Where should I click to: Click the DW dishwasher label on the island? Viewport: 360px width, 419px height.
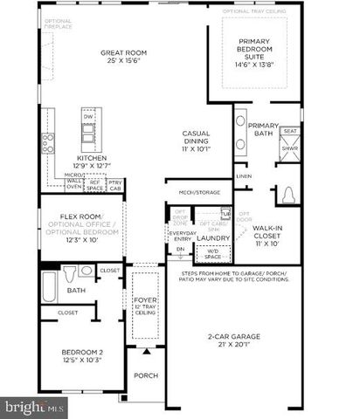pos(87,115)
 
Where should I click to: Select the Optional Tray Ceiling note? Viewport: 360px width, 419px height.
pos(260,11)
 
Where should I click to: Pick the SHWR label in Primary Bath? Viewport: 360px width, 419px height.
pos(288,149)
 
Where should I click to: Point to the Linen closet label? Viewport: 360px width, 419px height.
pos(243,176)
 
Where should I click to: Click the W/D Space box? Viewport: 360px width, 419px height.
pos(213,254)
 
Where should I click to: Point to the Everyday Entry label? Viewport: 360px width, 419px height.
pos(182,237)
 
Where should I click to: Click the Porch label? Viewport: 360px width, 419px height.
pos(144,376)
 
